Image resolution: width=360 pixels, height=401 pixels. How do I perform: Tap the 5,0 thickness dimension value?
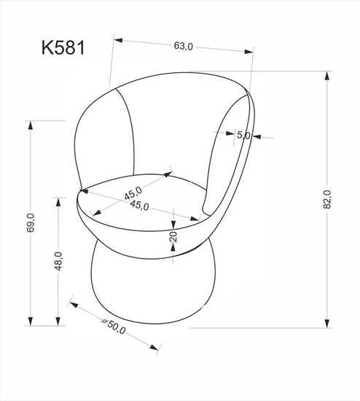pyautogui.click(x=243, y=135)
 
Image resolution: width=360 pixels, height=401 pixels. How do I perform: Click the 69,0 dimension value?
pyautogui.click(x=30, y=219)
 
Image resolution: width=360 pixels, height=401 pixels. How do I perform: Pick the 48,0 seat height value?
pyautogui.click(x=58, y=260)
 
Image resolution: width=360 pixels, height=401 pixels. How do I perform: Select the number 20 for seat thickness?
pyautogui.click(x=173, y=236)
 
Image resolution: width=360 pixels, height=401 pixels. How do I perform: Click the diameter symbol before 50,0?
pyautogui.click(x=105, y=321)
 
